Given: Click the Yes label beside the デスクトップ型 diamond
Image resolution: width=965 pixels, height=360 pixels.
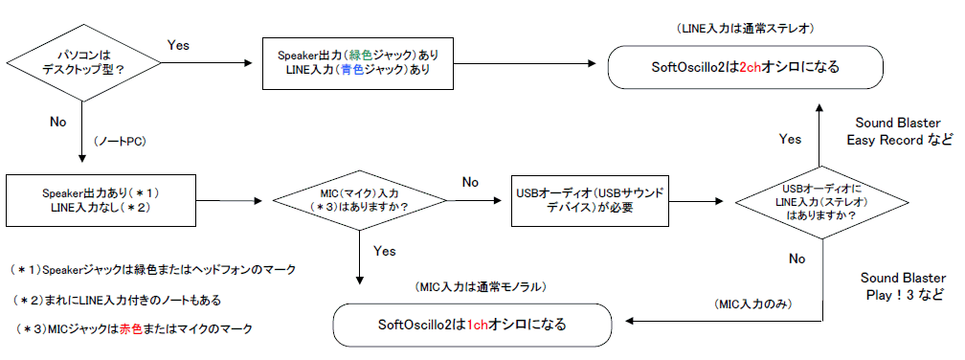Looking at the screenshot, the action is point(178,46).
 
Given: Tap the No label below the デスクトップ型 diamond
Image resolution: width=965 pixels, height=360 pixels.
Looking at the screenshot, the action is point(57,122).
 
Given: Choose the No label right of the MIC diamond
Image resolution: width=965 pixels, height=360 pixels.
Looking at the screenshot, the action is point(470,182).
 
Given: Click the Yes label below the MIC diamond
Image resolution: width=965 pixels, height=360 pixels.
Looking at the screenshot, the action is point(385,251).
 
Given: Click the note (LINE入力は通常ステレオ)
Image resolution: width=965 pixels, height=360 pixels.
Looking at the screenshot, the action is point(746,29).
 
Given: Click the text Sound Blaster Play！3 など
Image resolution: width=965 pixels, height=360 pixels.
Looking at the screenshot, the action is point(903,286).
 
